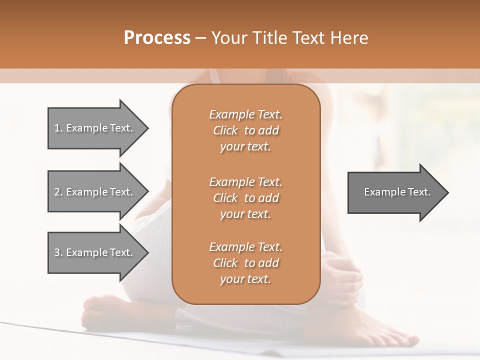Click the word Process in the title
157,38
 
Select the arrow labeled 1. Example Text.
95,128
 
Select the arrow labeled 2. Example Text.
95,192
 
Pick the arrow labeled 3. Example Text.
95,252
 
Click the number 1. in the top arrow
58,128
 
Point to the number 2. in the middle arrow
58,192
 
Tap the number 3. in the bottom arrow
58,252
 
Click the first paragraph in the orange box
245,130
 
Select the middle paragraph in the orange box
245,197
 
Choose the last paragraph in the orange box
245,263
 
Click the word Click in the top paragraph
225,130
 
